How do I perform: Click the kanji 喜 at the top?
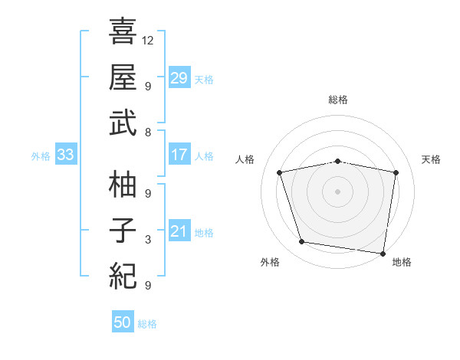coord(123,31)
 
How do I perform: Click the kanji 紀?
coord(123,274)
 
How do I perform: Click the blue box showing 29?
coord(179,77)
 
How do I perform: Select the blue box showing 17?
coord(179,155)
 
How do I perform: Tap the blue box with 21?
coord(179,232)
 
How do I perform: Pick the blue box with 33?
coord(65,155)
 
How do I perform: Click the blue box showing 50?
coord(123,322)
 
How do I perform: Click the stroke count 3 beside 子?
coord(148,240)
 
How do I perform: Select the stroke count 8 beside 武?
coord(148,133)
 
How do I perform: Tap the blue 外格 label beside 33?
coord(41,155)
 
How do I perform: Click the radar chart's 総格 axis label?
coord(338,100)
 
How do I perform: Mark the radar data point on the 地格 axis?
coord(383,253)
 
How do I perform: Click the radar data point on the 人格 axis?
coord(281,172)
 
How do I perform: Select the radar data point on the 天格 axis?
coord(396,172)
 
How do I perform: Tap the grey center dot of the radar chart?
coord(338,191)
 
